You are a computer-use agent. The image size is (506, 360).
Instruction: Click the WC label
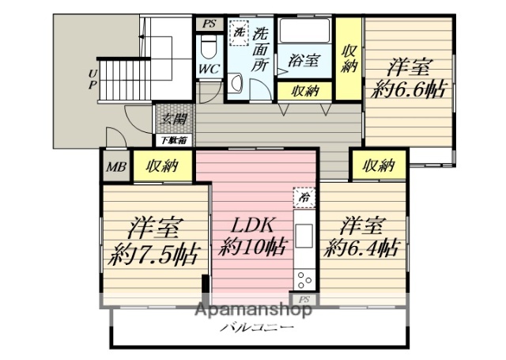pyautogui.click(x=209, y=69)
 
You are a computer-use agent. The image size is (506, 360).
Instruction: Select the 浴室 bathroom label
pyautogui.click(x=304, y=59)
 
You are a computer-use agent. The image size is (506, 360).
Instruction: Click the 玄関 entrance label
pyautogui.click(x=175, y=120)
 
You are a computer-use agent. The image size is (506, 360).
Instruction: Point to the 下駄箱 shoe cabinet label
pyautogui.click(x=174, y=141)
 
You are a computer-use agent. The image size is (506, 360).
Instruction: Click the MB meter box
pyautogui.click(x=115, y=167)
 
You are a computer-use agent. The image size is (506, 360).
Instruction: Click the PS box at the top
pyautogui.click(x=209, y=24)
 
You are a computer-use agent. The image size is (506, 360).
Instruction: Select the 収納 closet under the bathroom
pyautogui.click(x=304, y=91)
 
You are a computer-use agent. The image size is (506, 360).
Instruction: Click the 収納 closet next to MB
pyautogui.click(x=162, y=167)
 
